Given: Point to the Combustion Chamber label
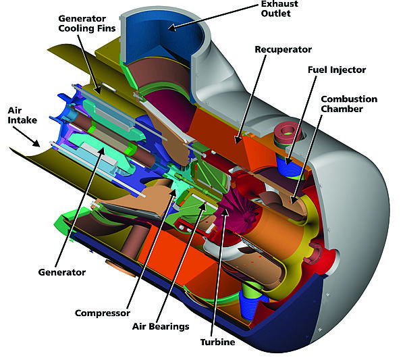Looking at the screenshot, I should point(349,104).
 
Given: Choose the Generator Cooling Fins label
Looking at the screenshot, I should point(84,24).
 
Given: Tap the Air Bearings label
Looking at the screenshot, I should point(160,326).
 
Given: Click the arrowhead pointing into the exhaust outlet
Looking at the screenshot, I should point(170,28).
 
